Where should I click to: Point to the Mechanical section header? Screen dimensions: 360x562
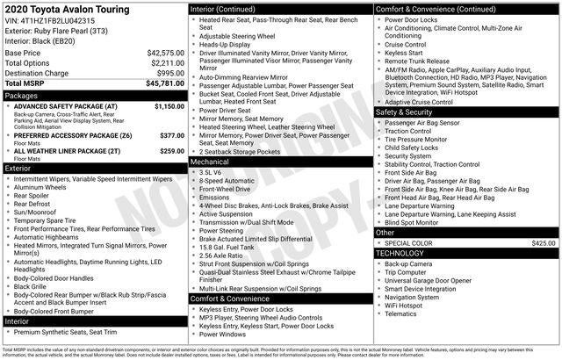pyautogui.click(x=211, y=162)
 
